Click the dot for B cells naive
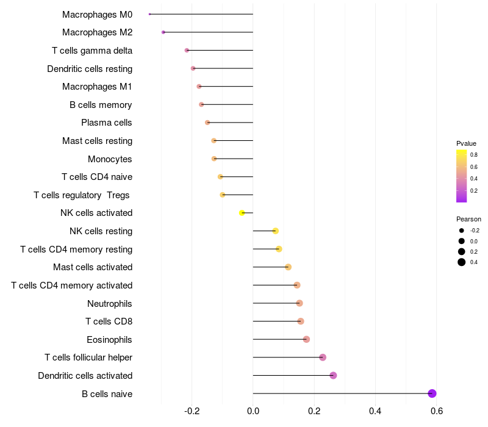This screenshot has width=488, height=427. click(x=432, y=393)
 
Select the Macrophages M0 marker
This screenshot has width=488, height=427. click(x=149, y=14)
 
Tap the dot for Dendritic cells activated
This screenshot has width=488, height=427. click(x=333, y=375)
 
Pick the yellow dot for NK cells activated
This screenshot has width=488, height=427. click(x=242, y=213)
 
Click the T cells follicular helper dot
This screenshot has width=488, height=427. click(x=323, y=357)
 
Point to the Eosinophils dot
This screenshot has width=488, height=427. click(x=306, y=339)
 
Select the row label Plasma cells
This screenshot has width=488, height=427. click(x=107, y=123)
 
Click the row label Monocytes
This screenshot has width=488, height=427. click(x=110, y=159)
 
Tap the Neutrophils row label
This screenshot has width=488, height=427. click(x=110, y=303)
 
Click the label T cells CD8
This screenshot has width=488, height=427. click(x=109, y=321)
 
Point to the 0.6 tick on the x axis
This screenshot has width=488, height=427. click(x=436, y=412)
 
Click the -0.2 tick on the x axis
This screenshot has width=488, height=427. click(x=192, y=412)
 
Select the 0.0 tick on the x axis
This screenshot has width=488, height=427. click(x=253, y=412)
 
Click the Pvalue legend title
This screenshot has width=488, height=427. click(x=466, y=143)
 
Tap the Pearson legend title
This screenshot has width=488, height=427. click(x=468, y=219)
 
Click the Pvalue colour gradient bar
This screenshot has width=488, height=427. click(x=462, y=176)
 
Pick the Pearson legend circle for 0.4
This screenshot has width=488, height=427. click(x=462, y=262)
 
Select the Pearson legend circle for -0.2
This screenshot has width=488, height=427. click(x=462, y=231)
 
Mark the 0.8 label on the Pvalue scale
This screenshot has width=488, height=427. click(x=474, y=155)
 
